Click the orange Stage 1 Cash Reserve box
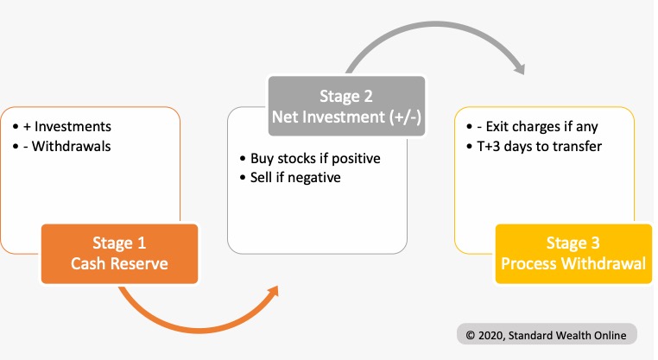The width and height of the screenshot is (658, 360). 119,253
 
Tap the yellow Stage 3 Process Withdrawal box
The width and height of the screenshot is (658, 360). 573,254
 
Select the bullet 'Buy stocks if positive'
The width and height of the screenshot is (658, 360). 314,159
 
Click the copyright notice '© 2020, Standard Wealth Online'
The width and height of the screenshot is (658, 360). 547,334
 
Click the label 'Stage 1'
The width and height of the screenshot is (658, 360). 119,243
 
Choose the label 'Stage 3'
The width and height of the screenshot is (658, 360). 573,243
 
